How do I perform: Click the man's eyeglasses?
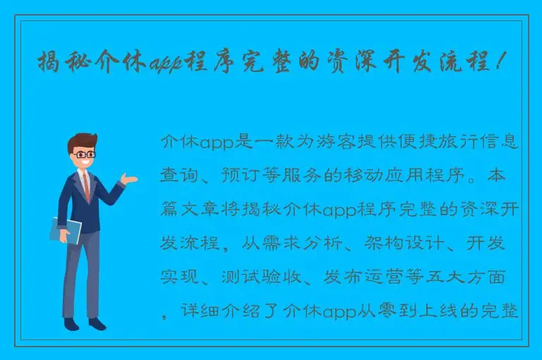(85, 153)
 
